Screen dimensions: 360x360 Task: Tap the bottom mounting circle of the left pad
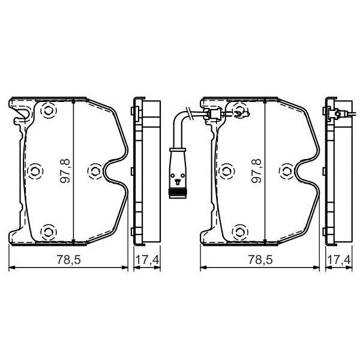(49, 230)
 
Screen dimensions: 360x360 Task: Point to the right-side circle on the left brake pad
(94, 172)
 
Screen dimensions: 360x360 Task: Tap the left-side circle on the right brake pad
(226, 172)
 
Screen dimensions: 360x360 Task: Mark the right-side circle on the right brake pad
(286, 172)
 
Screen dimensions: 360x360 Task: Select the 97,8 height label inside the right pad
(257, 171)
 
